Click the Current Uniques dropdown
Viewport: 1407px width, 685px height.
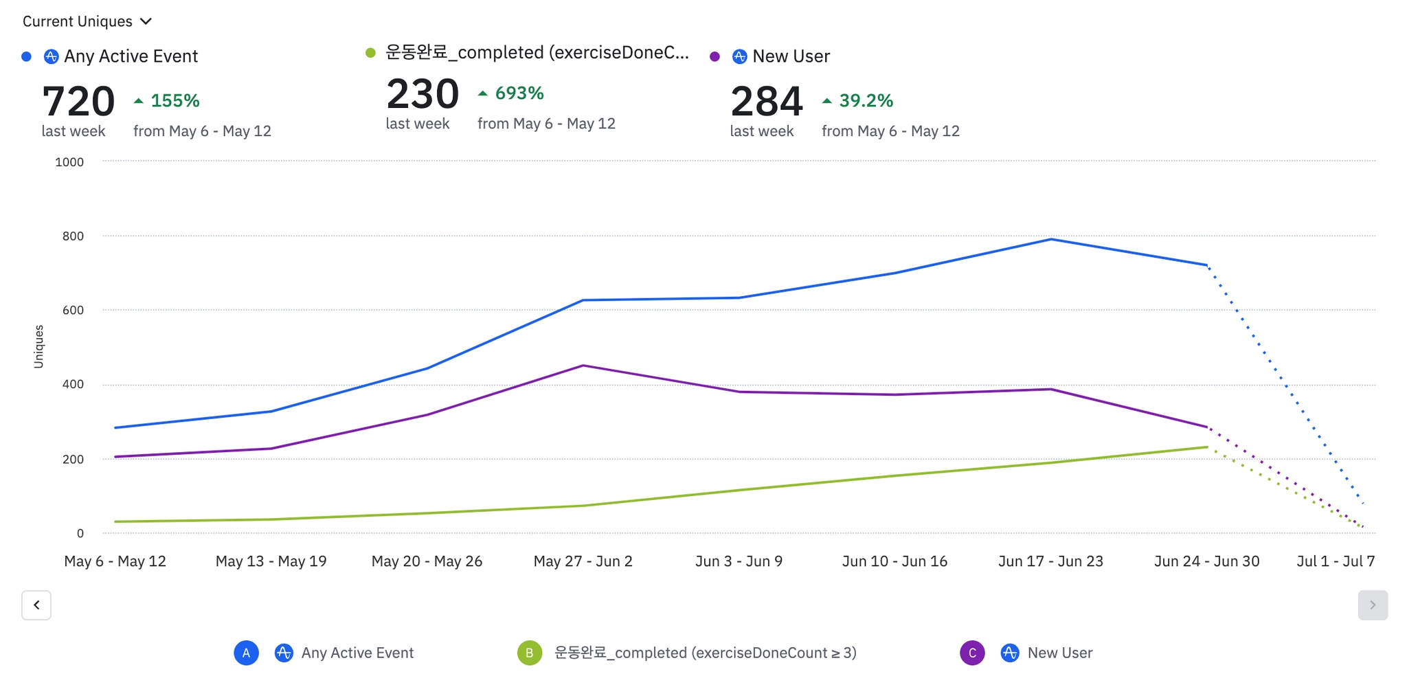(x=87, y=21)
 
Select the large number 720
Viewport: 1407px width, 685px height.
(x=78, y=101)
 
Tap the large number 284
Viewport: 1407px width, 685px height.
(x=766, y=101)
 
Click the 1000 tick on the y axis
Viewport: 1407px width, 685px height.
(x=69, y=162)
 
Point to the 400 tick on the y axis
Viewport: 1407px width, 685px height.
(x=73, y=384)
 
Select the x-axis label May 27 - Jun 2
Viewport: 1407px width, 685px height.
(x=583, y=561)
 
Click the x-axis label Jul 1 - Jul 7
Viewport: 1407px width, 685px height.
(x=1335, y=561)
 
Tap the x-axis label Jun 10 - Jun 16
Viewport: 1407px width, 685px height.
(x=894, y=561)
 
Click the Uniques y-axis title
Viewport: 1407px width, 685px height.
(x=38, y=346)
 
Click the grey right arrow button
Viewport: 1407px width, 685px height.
(x=1372, y=605)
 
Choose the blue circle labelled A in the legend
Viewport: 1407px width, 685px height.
(x=246, y=653)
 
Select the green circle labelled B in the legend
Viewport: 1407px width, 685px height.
(x=529, y=653)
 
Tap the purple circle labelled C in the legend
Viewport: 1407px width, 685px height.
(x=971, y=653)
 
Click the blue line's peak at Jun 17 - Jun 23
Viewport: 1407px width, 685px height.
(x=1050, y=239)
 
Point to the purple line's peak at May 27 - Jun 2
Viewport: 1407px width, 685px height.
(x=583, y=366)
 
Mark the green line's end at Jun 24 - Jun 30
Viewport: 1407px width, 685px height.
(x=1206, y=447)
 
